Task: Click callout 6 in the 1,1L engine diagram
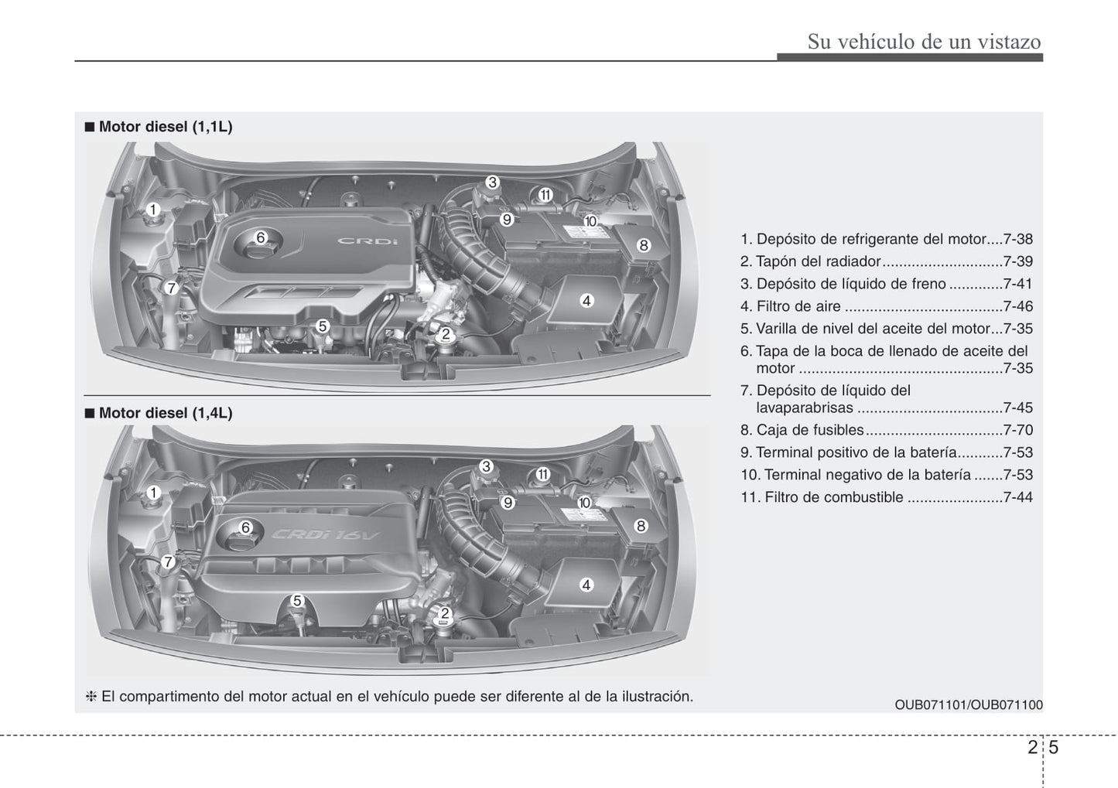[x=261, y=238]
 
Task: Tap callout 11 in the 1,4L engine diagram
[x=542, y=474]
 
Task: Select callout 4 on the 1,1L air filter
[x=586, y=301]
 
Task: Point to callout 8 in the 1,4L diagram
[x=641, y=526]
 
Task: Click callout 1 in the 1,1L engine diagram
[x=152, y=210]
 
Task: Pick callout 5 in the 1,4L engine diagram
[x=297, y=601]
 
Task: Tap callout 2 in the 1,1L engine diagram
[x=445, y=334]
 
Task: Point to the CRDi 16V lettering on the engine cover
[x=326, y=534]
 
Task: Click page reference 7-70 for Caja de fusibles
[x=1017, y=430]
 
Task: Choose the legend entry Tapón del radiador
[x=818, y=261]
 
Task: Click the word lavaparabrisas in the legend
[x=805, y=408]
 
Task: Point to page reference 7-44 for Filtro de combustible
[x=1017, y=497]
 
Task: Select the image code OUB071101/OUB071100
[x=969, y=704]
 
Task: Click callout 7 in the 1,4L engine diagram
[x=168, y=562]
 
